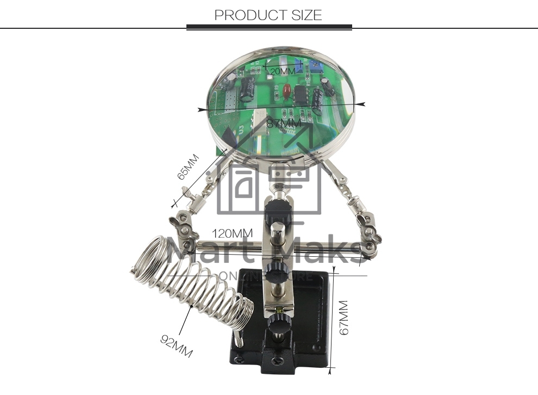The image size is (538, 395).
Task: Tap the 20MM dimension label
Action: click(x=283, y=71)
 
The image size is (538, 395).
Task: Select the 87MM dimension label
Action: click(x=284, y=124)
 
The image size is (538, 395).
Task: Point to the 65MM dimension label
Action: click(x=188, y=167)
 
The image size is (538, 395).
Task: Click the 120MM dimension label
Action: click(x=232, y=233)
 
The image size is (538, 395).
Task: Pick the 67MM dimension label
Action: click(x=343, y=318)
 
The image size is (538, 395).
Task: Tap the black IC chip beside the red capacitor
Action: click(x=301, y=94)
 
